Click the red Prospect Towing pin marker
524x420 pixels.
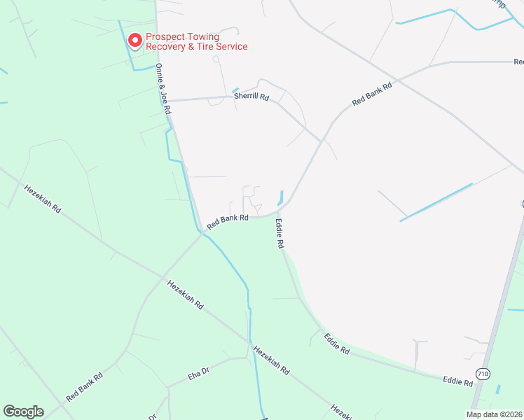tap(133, 41)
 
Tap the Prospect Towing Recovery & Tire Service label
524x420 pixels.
tap(196, 42)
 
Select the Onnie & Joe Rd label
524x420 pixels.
tap(163, 89)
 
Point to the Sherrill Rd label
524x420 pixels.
tap(251, 98)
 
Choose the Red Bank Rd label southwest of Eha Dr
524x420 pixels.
tap(85, 386)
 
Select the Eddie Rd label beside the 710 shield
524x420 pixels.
tap(457, 381)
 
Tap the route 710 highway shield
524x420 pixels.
tap(482, 374)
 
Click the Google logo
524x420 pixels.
tap(23, 412)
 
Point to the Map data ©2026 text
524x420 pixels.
tap(494, 414)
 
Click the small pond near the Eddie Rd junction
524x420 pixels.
tap(282, 199)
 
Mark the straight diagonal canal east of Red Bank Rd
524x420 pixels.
tap(436, 202)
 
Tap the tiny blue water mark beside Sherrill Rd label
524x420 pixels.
tap(235, 90)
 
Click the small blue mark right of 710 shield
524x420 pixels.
tap(498, 388)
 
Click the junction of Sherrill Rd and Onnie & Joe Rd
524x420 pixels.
tap(168, 101)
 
